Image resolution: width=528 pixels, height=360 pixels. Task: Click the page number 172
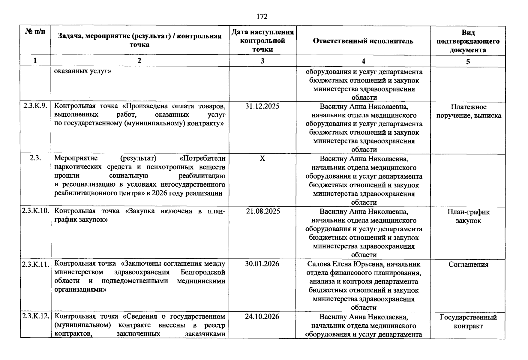tap(262, 16)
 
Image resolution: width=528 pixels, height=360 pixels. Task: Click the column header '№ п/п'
tap(35, 31)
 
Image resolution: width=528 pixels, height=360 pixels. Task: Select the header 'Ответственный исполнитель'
tap(363, 41)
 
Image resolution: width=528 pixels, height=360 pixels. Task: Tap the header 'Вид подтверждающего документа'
tap(468, 41)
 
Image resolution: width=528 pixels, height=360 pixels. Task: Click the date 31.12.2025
tap(262, 106)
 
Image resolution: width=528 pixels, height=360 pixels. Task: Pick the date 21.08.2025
tap(263, 211)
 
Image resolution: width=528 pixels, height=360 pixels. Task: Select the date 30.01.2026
tap(262, 264)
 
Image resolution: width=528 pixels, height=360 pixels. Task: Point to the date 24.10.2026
tap(262, 316)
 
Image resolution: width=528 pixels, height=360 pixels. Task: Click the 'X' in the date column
tap(262, 159)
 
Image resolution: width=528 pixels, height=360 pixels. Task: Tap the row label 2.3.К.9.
tap(35, 106)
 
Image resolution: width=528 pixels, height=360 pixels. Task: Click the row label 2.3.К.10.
tap(35, 211)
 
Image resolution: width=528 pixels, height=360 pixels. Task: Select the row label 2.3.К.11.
tap(35, 264)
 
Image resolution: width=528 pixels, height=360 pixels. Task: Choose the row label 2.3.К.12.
tap(35, 316)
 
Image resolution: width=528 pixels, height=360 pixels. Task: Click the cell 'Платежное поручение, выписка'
tap(468, 111)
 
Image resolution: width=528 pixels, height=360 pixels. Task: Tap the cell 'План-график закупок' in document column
tap(468, 216)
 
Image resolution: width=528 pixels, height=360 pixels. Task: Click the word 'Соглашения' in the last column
tap(468, 264)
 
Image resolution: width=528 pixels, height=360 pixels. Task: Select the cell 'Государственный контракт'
tap(468, 322)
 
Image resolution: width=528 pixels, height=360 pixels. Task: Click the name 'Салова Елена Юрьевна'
tap(345, 264)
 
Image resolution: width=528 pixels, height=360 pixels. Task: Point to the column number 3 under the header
tap(262, 61)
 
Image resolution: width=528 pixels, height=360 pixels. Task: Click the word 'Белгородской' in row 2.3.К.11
tap(203, 272)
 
